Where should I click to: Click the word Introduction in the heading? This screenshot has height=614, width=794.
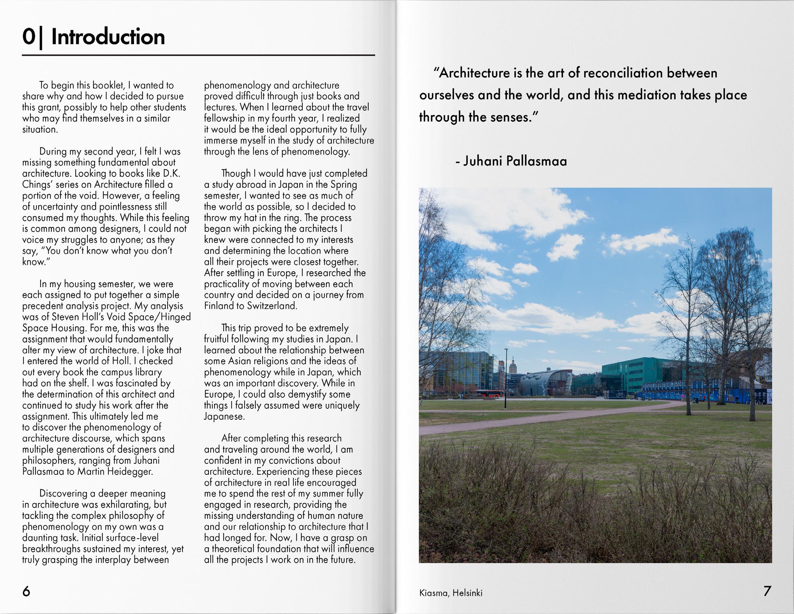point(108,37)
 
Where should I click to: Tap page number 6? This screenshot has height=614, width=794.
point(26,591)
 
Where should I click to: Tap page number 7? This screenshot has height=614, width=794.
point(767,591)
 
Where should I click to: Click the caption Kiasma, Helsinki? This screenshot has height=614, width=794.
point(450,593)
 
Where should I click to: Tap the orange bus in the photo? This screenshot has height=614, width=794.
point(489,393)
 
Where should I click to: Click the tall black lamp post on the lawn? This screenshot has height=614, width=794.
point(506,378)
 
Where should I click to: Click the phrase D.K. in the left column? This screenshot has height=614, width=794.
point(171,173)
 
